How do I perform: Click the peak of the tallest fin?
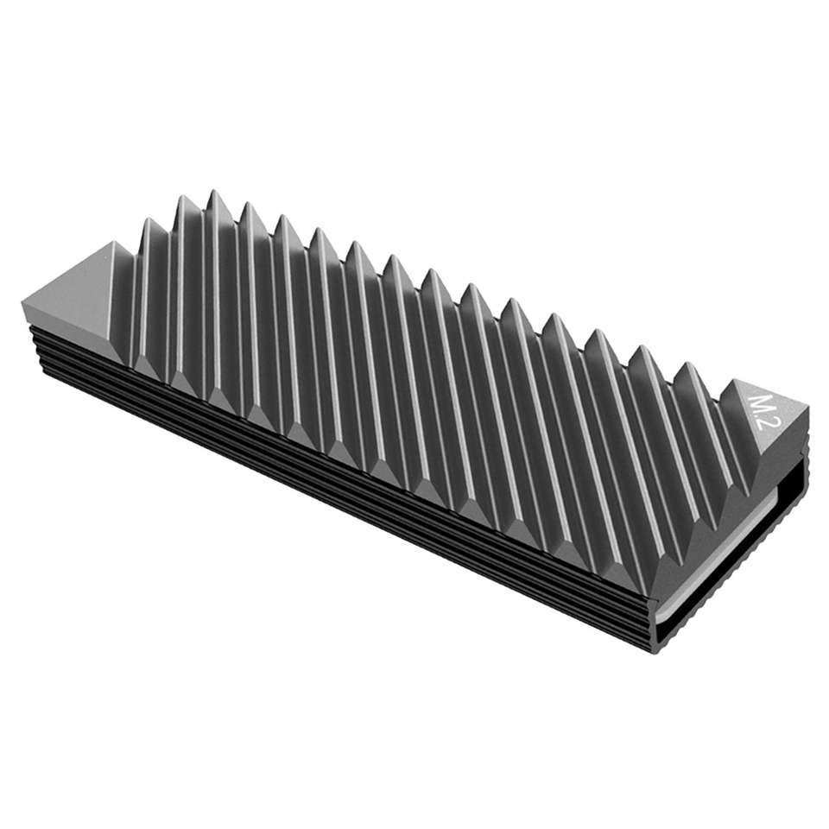click(x=215, y=191)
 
